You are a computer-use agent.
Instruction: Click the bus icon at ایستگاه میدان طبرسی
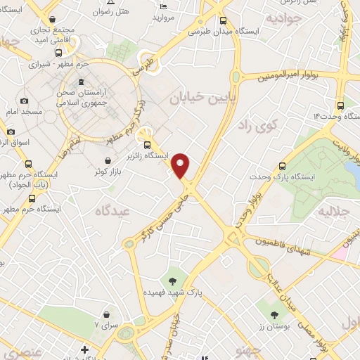click(224, 21)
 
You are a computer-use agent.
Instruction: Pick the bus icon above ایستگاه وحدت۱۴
click(340, 103)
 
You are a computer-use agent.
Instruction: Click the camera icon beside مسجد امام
click(25, 101)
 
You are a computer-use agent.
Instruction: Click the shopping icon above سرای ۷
click(106, 314)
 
